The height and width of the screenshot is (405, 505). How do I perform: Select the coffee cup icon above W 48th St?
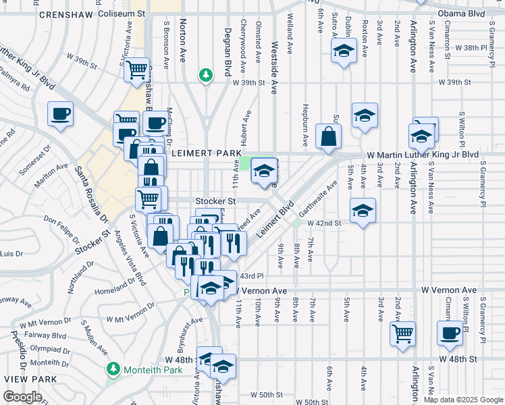pyautogui.click(x=450, y=333)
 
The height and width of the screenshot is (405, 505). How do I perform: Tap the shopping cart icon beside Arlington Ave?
pyautogui.click(x=403, y=333)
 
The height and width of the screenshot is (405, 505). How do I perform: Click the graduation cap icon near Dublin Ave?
pyautogui.click(x=344, y=51)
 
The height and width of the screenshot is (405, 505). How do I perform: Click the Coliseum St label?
pyautogui.click(x=122, y=13)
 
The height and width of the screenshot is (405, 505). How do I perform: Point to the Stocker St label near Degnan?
pyautogui.click(x=215, y=201)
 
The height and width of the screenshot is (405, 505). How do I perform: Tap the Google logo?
pyautogui.click(x=22, y=398)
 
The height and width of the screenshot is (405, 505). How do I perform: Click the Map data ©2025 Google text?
pyautogui.click(x=462, y=400)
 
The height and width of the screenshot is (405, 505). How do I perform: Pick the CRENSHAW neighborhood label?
pyautogui.click(x=66, y=14)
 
